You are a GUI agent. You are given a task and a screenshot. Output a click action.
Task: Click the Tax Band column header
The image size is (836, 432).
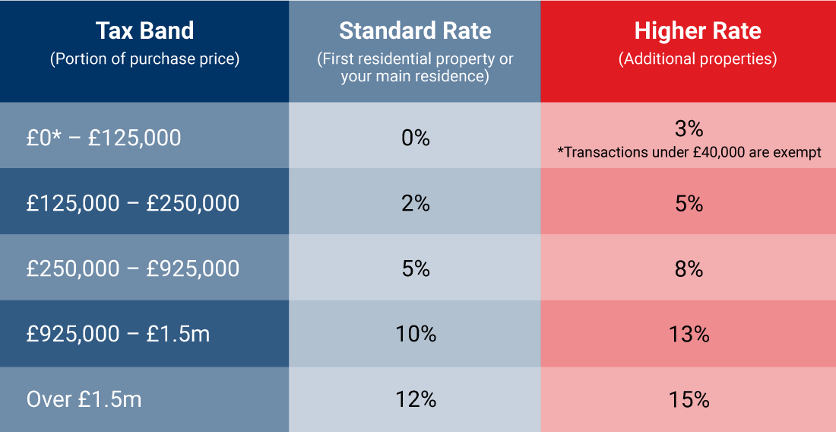(144, 31)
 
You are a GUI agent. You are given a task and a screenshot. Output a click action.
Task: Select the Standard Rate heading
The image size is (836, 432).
(415, 31)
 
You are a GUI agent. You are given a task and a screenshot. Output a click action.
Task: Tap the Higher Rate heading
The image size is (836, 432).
(697, 31)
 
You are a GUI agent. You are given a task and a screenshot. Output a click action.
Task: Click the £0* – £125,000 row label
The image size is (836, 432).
(103, 138)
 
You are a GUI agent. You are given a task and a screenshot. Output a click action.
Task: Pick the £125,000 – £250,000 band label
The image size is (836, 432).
(133, 203)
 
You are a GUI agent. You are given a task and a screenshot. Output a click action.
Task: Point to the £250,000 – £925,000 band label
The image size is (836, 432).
(133, 268)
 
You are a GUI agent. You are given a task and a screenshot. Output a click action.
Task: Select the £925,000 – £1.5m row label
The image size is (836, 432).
(118, 334)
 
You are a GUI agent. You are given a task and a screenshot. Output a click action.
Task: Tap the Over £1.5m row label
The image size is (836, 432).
(84, 399)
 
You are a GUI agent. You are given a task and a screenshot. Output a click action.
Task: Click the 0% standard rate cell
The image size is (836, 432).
(415, 138)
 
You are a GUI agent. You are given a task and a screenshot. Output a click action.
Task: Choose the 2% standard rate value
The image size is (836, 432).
(415, 203)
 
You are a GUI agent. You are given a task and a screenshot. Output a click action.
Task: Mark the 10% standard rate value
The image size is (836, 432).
(415, 334)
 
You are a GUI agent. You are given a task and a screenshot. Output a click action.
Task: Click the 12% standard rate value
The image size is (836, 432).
(415, 399)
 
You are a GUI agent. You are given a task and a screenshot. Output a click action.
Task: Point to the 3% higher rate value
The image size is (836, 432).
(689, 127)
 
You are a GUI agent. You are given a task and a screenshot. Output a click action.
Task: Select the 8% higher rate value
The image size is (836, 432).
(689, 268)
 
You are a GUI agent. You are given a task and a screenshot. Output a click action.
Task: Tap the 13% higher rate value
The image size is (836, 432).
(689, 334)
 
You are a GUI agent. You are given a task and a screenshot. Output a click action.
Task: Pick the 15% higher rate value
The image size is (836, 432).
(689, 399)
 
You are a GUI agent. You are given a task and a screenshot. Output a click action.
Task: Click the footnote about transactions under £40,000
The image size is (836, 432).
(689, 153)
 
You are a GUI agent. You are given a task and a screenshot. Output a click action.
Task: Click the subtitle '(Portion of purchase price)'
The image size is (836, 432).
(144, 59)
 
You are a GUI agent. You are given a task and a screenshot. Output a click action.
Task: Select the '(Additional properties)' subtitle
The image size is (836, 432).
(697, 59)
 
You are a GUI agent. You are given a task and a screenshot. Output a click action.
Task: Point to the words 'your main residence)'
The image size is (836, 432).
(415, 77)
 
